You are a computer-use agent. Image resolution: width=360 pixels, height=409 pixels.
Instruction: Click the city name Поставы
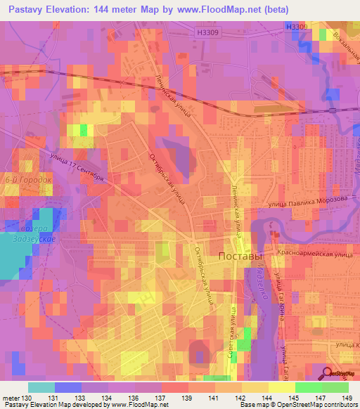tap(241, 256)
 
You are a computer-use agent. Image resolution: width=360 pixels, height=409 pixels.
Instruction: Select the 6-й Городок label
tap(28, 180)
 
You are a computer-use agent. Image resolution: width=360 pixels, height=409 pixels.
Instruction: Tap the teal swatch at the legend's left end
tap(41, 387)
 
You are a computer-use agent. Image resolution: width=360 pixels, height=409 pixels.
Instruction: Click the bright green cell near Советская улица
tap(243, 344)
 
